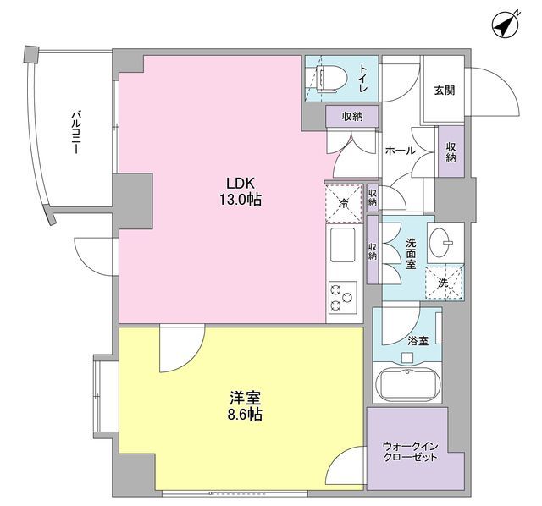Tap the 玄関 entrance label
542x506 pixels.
coord(445,91)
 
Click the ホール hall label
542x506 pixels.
coord(400,150)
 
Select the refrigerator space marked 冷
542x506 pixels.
coord(344,204)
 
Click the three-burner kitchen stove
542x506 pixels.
coord(343,297)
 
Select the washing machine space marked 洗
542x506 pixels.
coord(444,282)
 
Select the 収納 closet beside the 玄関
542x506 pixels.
coord(451,151)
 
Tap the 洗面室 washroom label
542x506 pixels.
coord(411,253)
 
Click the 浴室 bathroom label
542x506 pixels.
coord(417,340)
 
